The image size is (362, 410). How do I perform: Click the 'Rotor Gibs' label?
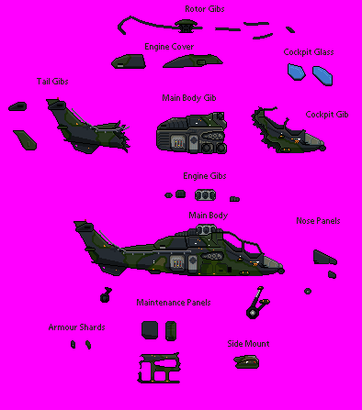(x=205, y=9)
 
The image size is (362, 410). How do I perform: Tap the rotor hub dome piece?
(x=186, y=25)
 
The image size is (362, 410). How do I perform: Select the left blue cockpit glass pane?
(x=296, y=72)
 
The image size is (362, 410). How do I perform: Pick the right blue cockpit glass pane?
(x=322, y=76)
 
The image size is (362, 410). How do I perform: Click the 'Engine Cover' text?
(x=169, y=47)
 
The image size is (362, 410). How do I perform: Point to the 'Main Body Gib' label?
(x=189, y=98)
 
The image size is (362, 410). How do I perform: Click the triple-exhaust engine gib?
(x=205, y=195)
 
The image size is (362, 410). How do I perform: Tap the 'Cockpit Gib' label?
(x=327, y=115)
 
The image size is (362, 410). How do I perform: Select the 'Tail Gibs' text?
(x=52, y=82)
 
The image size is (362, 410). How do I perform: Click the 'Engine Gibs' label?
(x=205, y=176)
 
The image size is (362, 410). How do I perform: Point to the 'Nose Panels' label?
(x=318, y=221)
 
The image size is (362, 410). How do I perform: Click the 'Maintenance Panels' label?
(x=174, y=303)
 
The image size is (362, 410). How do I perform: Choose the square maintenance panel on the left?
(x=150, y=330)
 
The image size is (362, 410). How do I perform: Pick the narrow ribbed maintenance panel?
(x=171, y=331)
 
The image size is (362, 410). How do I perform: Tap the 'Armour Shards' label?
(x=76, y=327)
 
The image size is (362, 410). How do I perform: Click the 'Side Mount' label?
(x=248, y=344)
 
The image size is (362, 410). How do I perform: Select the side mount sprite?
(x=246, y=361)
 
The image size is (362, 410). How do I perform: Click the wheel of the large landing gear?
(x=253, y=314)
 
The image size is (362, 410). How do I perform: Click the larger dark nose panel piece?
(x=324, y=258)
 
